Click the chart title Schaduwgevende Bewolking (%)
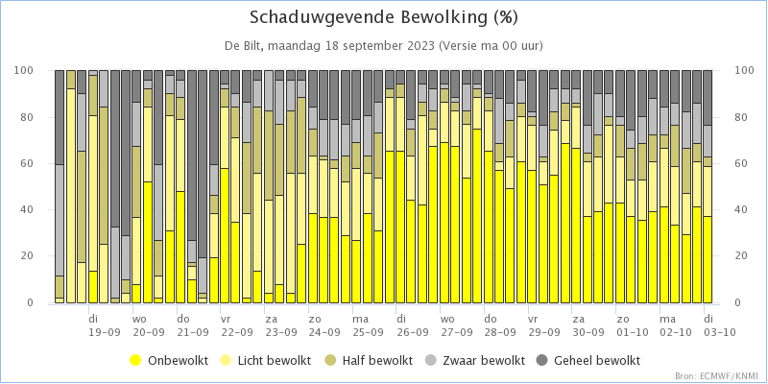[383, 18]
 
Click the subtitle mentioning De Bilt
[383, 46]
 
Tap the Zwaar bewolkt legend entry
[477, 360]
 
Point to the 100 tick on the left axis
[27, 71]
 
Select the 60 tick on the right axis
[740, 164]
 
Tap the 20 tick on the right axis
[740, 257]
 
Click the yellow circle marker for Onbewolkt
[135, 360]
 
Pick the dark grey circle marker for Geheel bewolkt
[541, 360]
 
